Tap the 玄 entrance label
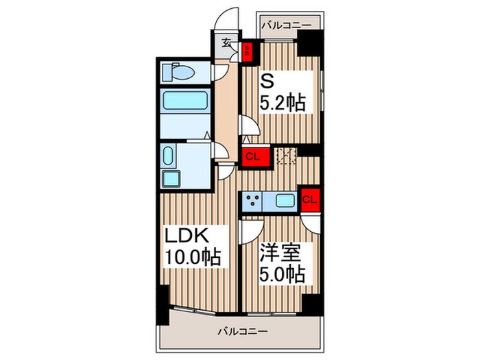click(226, 42)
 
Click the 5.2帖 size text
click(282, 104)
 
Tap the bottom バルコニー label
click(243, 331)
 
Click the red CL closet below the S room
click(252, 156)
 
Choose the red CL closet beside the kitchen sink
click(310, 200)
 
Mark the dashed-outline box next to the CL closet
click(284, 156)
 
